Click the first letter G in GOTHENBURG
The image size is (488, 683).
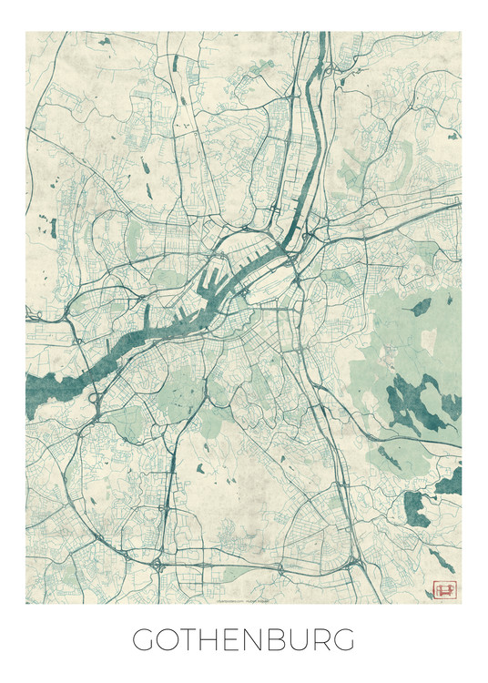coord(145,640)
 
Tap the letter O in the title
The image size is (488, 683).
coord(170,640)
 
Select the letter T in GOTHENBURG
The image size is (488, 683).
coord(193,640)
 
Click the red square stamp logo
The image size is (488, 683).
coord(444,589)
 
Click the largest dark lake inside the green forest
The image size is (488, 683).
coord(404,398)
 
